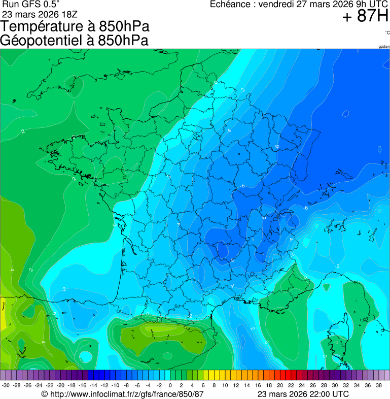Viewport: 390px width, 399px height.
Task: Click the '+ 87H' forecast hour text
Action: (x=365, y=17)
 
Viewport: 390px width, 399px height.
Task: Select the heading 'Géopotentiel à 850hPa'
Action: (x=74, y=41)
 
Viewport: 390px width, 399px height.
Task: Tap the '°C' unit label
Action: (x=387, y=32)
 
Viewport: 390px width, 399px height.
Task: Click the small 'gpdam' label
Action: (x=384, y=47)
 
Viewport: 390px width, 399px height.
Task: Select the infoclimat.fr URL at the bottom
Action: (x=122, y=394)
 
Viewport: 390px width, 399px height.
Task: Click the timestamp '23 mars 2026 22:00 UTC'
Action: (x=303, y=394)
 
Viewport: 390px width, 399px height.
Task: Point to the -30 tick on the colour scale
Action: (x=6, y=385)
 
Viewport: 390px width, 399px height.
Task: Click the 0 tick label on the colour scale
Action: (x=170, y=385)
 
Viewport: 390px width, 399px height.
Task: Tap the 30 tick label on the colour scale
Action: (x=335, y=385)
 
